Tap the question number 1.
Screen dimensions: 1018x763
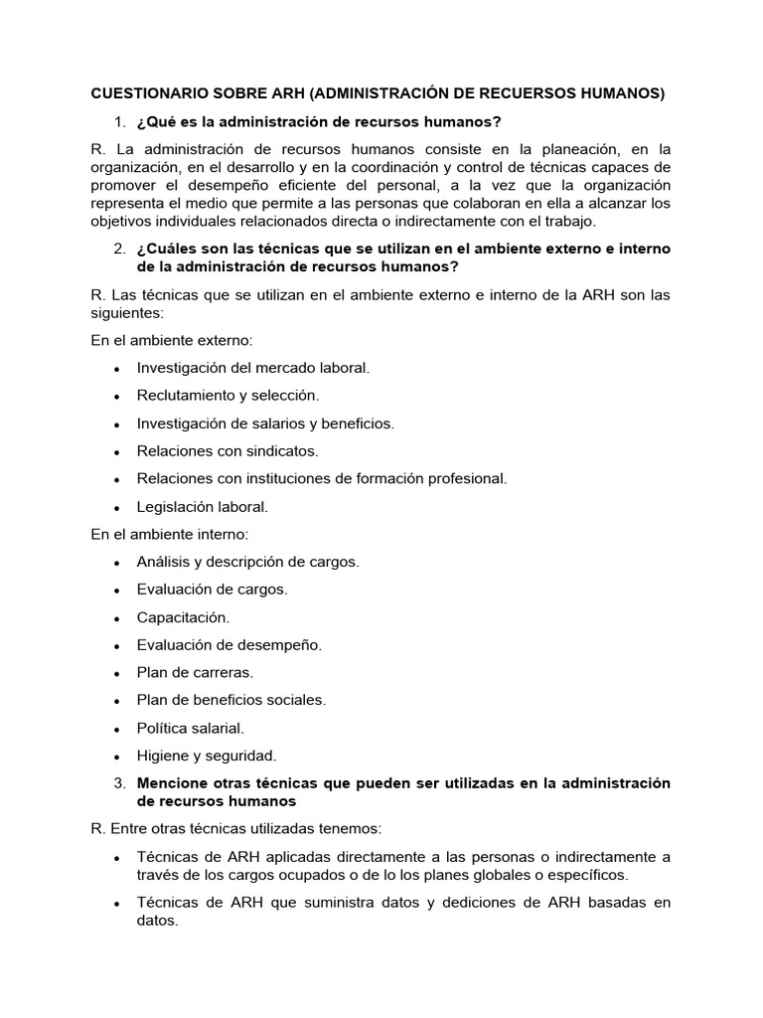(x=118, y=122)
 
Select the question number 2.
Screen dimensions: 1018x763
(x=118, y=249)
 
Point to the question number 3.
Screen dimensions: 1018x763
(x=118, y=783)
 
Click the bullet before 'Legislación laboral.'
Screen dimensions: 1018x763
(x=117, y=507)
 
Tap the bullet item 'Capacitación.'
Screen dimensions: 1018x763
(x=183, y=617)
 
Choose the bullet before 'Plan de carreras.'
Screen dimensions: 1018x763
(x=117, y=673)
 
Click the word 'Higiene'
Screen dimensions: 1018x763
(x=162, y=756)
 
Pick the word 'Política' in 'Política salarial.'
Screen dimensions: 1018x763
(x=164, y=728)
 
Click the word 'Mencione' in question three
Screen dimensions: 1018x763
(x=171, y=783)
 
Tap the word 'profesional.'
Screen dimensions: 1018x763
(x=460, y=478)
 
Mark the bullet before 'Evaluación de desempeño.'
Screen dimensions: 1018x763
(x=117, y=645)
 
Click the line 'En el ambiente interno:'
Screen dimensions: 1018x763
(x=170, y=534)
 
